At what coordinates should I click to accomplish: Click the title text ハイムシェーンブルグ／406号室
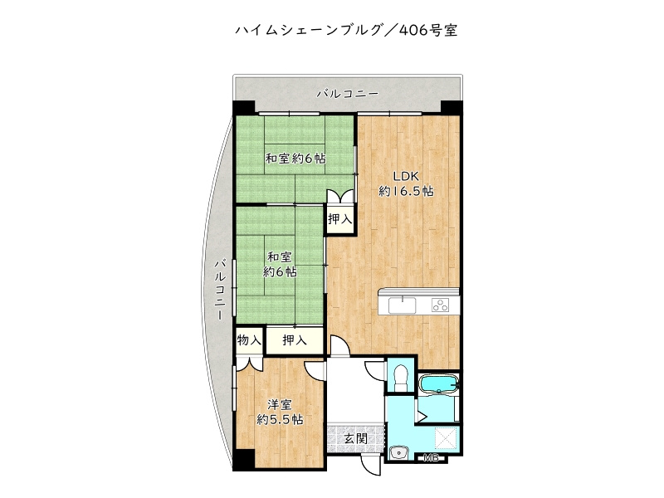(346, 31)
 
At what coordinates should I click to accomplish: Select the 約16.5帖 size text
(406, 191)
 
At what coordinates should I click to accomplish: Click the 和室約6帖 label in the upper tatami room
(295, 159)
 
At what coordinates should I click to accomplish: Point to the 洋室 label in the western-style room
(280, 404)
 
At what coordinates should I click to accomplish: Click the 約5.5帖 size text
(280, 420)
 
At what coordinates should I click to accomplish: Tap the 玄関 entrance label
(356, 437)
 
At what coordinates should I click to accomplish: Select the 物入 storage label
(249, 340)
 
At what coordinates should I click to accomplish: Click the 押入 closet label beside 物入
(294, 340)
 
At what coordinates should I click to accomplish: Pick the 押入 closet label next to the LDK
(339, 220)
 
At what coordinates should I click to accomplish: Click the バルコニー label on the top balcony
(348, 94)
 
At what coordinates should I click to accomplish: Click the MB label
(431, 458)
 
